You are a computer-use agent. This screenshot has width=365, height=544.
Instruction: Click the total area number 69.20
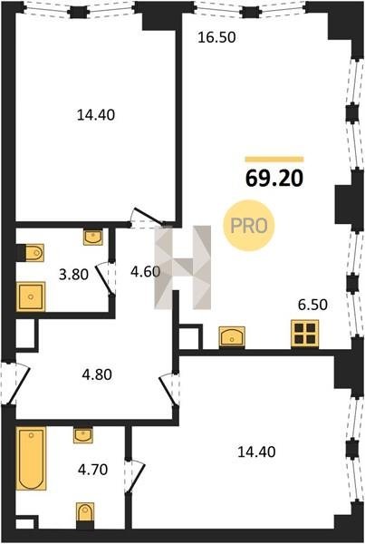pos(274,179)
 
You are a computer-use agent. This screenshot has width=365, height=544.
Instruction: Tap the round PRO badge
pos(249,226)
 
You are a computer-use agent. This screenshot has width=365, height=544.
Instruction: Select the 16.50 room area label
pos(216,37)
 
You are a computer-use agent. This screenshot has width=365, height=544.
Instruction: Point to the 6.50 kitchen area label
pos(312,305)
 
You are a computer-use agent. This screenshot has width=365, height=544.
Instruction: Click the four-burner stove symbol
pos(304,334)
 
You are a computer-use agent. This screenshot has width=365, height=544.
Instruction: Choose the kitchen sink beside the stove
pos(232,336)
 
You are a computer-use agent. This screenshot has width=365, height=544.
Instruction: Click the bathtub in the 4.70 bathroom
pos(31,459)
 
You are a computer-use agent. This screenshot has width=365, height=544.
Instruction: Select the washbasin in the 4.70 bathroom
pos(83,435)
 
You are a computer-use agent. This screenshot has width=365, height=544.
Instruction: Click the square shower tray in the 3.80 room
pos(31,296)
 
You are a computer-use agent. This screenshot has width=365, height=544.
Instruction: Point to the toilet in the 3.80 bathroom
pos(34,253)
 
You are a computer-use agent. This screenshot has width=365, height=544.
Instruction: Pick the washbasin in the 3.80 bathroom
pos(93,238)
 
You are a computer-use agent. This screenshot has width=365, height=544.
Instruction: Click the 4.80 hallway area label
pos(97,374)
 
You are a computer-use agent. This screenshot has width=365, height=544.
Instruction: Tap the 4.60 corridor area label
pos(145,272)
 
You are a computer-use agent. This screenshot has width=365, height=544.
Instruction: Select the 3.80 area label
pos(73,275)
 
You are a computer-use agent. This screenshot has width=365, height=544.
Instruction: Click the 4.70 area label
pos(93,470)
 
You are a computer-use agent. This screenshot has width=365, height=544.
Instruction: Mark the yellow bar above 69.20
pos(274,160)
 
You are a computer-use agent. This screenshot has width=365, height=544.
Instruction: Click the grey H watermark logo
pos(183,267)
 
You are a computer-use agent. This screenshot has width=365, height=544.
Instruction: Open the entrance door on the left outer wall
pos(15,384)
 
